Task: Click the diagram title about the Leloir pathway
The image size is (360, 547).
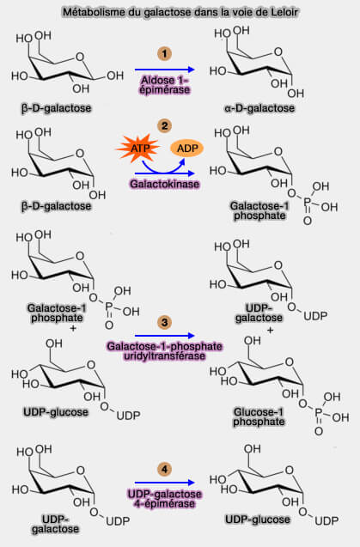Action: tap(180, 13)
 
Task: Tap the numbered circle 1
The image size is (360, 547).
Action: tap(162, 54)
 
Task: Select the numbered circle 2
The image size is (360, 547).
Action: tap(162, 126)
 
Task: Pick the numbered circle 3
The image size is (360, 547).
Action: tap(162, 324)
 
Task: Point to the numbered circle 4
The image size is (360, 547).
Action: tap(162, 470)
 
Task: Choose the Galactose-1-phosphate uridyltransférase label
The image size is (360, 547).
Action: tap(163, 349)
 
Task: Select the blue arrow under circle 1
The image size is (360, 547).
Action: tap(163, 70)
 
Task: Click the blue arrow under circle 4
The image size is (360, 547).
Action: tap(163, 484)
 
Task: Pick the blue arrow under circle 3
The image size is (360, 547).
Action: tap(163, 337)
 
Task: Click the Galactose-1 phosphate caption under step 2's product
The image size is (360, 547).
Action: tap(258, 212)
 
